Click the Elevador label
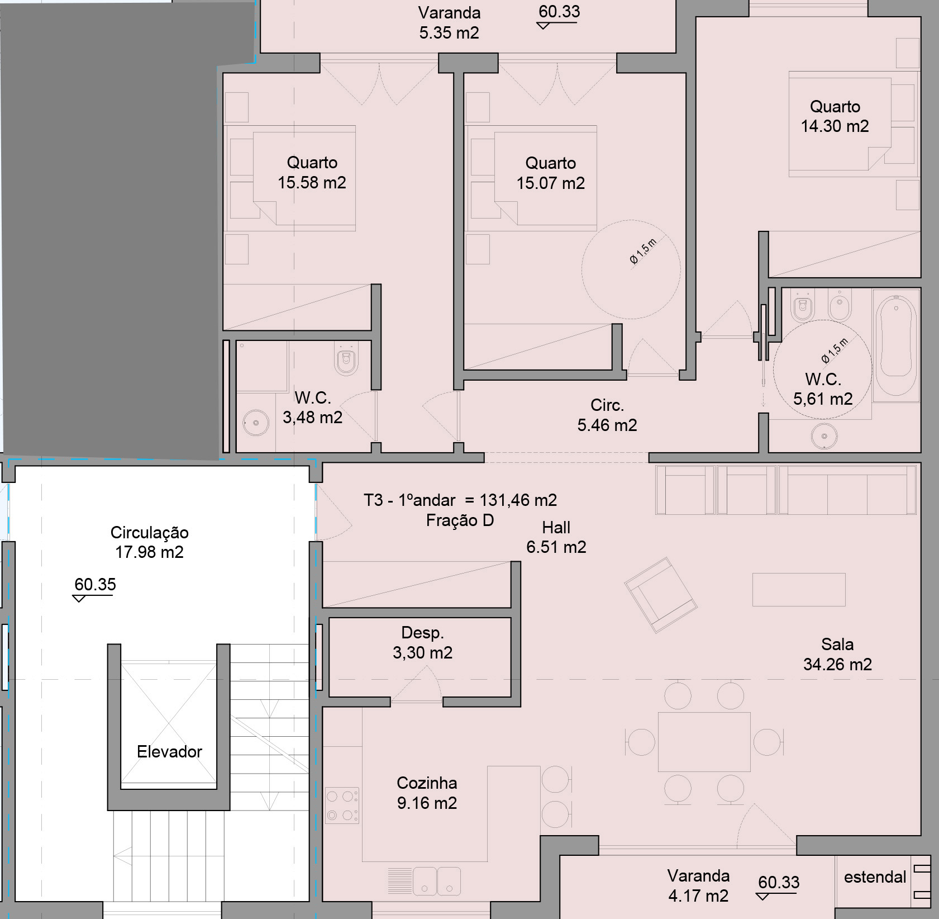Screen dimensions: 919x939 click(x=169, y=752)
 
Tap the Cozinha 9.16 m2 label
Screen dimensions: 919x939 click(x=427, y=793)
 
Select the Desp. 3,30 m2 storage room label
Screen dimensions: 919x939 click(x=422, y=643)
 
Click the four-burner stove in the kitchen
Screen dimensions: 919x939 click(x=342, y=806)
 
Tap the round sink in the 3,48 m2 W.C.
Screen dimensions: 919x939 click(x=256, y=423)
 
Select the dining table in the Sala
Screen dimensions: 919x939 click(x=704, y=742)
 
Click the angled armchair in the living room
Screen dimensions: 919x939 click(x=660, y=595)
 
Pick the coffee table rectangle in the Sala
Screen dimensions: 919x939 click(x=798, y=589)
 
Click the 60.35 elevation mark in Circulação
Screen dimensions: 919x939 click(x=94, y=585)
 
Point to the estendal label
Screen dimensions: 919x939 click(x=875, y=877)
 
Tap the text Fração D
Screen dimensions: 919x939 click(x=460, y=520)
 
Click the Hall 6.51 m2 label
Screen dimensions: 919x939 click(x=556, y=537)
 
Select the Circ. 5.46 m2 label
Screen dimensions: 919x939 click(x=607, y=415)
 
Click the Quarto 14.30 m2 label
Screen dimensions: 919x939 click(x=835, y=116)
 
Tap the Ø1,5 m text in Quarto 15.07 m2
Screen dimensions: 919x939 click(x=644, y=251)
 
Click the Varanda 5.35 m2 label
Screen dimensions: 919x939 click(x=449, y=22)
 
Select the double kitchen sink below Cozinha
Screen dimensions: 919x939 click(x=437, y=881)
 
